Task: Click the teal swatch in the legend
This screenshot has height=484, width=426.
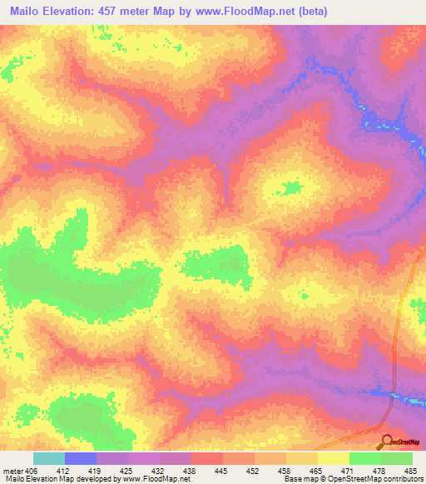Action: pyautogui.click(x=49, y=458)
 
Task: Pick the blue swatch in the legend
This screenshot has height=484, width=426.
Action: pyautogui.click(x=81, y=458)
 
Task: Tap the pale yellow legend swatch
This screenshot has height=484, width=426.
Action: pyautogui.click(x=334, y=458)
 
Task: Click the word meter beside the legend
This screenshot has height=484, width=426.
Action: pyautogui.click(x=12, y=470)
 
